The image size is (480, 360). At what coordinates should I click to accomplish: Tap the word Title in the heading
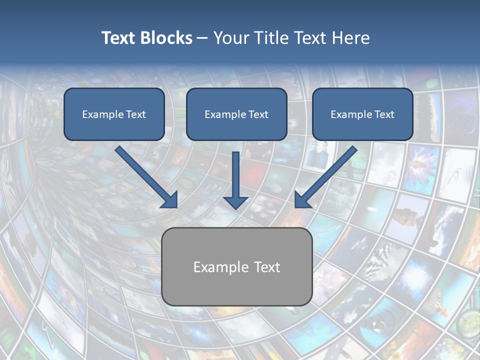[x=271, y=38]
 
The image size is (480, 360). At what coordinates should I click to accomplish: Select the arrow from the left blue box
[x=145, y=175]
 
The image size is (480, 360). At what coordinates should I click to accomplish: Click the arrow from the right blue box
[x=327, y=175]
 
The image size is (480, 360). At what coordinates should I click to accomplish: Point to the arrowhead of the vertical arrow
[x=236, y=202]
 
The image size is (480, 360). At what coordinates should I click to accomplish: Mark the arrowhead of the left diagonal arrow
[x=170, y=200]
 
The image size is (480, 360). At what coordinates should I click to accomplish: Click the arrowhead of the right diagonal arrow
[x=302, y=200]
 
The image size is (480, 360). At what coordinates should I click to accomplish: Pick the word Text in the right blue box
[x=384, y=114]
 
